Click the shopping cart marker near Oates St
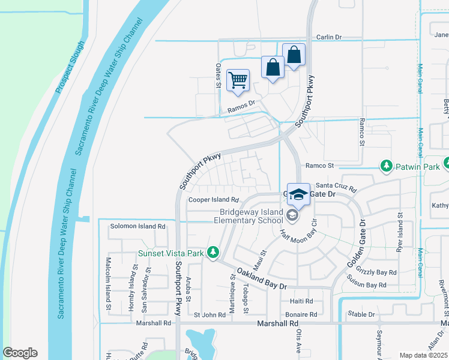click(x=238, y=80)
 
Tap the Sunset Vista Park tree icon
click(x=212, y=253)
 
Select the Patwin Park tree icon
click(x=387, y=165)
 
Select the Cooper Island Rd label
click(x=214, y=200)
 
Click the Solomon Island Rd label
click(x=137, y=226)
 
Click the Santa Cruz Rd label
click(x=336, y=186)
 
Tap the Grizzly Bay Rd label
click(x=376, y=272)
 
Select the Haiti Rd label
click(x=301, y=301)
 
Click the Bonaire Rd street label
click(x=301, y=314)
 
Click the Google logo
click(x=20, y=353)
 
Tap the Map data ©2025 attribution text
click(x=423, y=355)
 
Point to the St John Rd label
click(x=209, y=314)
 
